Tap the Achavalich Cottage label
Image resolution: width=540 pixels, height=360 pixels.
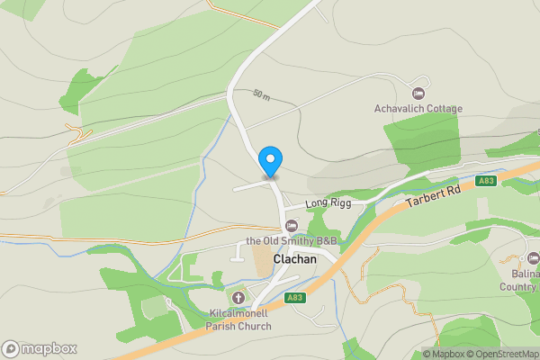point(418,109)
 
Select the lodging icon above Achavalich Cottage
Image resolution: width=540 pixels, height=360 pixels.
point(418,94)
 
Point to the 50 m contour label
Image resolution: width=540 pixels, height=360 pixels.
point(261,94)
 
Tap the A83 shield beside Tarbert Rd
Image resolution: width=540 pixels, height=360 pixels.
point(487,181)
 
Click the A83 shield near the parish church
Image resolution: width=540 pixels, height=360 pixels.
point(294,298)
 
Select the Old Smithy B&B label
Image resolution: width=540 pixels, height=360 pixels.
point(292,241)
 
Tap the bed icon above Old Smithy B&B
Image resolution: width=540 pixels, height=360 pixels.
point(291,225)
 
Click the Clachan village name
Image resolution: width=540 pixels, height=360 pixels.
point(294,258)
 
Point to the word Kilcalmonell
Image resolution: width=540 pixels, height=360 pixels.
point(239,312)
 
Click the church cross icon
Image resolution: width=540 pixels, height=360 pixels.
point(238,298)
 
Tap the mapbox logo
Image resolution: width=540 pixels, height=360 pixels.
point(40,348)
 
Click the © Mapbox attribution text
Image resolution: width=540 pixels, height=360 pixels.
point(443,354)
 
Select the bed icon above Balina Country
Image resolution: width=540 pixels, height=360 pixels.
point(533,259)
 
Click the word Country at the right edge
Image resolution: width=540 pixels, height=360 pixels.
point(520,286)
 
